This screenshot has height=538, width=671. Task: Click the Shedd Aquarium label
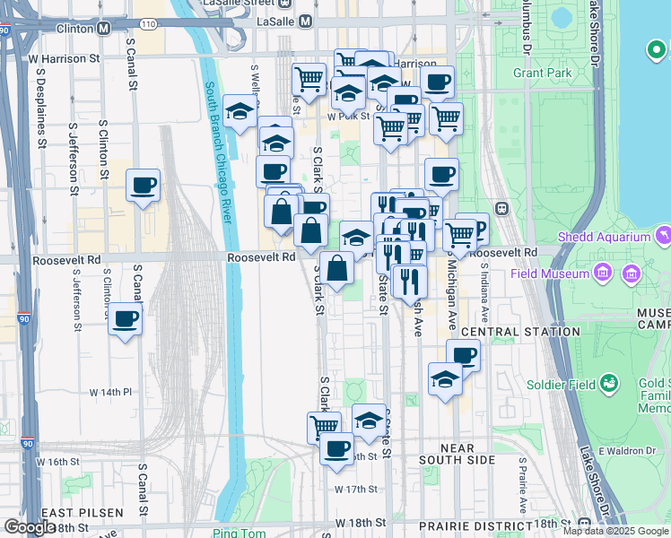pos(602,238)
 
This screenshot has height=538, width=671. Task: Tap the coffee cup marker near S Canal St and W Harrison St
pos(144,186)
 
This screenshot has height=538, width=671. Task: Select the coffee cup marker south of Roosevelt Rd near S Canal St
pos(126,318)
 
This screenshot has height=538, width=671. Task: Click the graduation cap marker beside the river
pos(240,111)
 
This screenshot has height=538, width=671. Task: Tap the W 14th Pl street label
pos(110,393)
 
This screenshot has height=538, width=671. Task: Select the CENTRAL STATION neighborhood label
pos(520,332)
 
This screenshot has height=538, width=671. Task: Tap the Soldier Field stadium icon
pos(610,385)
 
